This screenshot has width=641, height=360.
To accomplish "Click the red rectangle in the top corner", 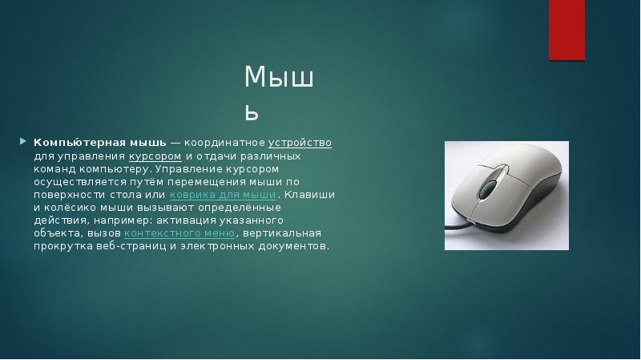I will [566, 30].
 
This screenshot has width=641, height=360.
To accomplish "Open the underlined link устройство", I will [300, 143].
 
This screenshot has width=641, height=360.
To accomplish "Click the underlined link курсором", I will [155, 156].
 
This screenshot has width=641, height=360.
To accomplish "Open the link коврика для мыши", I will [223, 195].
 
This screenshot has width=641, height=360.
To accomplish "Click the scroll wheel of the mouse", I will [486, 186].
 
